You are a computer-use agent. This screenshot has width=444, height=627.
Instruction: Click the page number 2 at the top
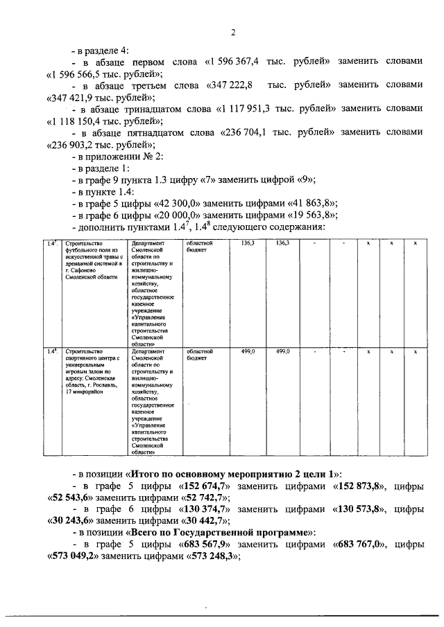pyautogui.click(x=234, y=32)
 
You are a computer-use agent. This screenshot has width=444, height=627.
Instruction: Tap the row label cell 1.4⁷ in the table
pyautogui.click(x=52, y=244)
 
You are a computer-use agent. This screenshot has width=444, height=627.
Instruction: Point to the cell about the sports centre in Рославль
pyautogui.click(x=92, y=371)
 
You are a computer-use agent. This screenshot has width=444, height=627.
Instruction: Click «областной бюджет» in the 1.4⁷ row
pyautogui.click(x=199, y=247)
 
